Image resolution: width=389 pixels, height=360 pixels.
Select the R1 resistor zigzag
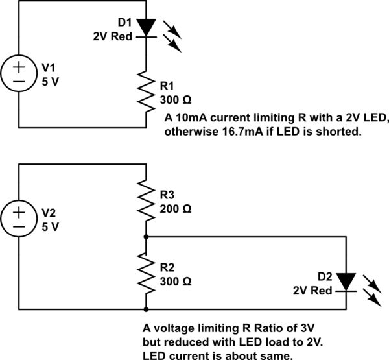(x=146, y=91)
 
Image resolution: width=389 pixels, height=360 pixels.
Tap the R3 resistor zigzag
(x=146, y=200)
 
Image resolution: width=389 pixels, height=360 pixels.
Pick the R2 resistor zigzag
(x=146, y=272)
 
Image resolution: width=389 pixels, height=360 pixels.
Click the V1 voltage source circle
(x=19, y=73)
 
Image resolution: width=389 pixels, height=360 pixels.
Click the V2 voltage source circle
(x=19, y=219)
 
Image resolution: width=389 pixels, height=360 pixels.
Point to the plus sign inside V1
(x=19, y=67)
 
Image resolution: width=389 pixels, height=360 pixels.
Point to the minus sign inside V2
(x=19, y=226)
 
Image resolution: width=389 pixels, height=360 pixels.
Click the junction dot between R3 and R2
(x=146, y=237)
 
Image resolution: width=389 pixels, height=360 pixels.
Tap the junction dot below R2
(x=146, y=309)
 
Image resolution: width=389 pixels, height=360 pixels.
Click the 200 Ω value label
(x=176, y=209)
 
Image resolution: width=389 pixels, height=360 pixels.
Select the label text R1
(x=167, y=86)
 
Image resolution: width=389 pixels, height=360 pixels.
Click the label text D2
(x=325, y=276)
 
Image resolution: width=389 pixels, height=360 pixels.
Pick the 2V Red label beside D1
(x=113, y=37)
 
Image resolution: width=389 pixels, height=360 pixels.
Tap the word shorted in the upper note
(x=338, y=132)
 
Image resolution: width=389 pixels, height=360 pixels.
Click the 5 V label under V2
(x=51, y=226)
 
